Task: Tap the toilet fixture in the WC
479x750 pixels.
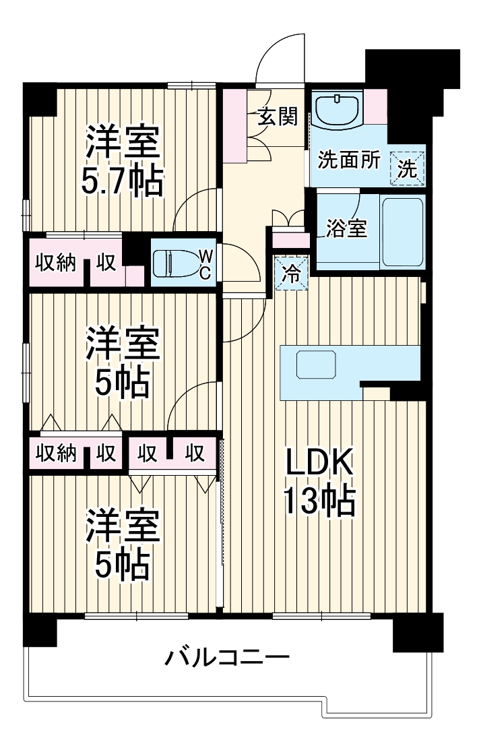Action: click(174, 263)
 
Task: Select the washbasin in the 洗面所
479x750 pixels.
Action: click(338, 108)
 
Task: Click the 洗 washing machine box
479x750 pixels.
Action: click(408, 166)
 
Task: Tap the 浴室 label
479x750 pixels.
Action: click(347, 228)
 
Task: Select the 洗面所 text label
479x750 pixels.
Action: click(349, 161)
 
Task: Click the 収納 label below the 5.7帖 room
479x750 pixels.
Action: click(55, 262)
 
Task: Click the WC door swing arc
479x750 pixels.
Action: click(239, 264)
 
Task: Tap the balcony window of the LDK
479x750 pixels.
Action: click(321, 615)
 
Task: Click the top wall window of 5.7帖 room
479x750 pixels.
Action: click(191, 84)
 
